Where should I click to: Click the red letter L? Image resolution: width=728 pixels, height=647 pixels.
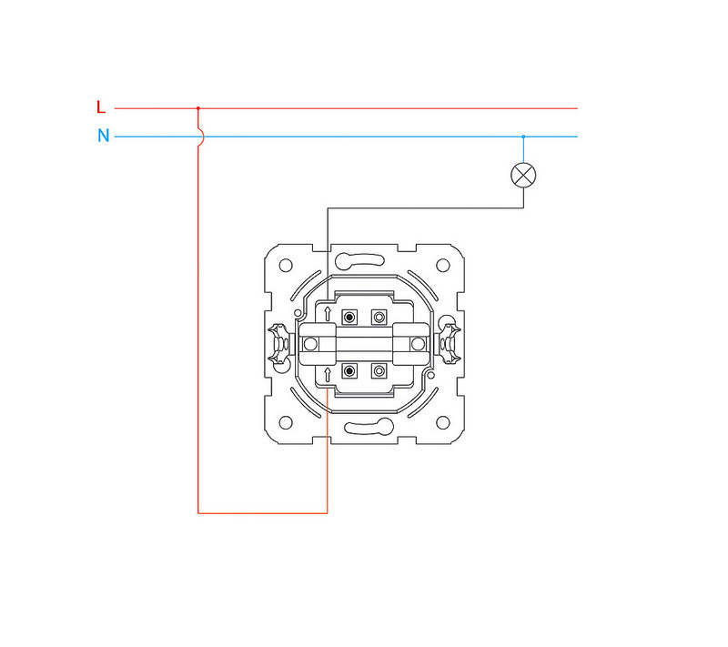(x=101, y=107)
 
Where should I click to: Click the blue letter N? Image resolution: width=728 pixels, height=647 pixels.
(x=104, y=136)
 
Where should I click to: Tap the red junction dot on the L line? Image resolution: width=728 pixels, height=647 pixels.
(x=198, y=108)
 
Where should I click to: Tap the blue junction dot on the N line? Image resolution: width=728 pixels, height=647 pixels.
(x=523, y=136)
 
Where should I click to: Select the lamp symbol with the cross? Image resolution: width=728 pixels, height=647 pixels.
(x=523, y=176)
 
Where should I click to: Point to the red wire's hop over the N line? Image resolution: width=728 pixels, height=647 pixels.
(x=201, y=136)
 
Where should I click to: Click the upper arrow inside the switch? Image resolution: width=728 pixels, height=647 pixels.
(x=328, y=314)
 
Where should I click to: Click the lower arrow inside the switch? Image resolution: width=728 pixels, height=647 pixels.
(x=328, y=375)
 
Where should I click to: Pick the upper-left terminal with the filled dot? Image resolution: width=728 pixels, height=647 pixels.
(x=349, y=318)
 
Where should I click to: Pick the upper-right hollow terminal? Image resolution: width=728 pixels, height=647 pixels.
(x=379, y=318)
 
